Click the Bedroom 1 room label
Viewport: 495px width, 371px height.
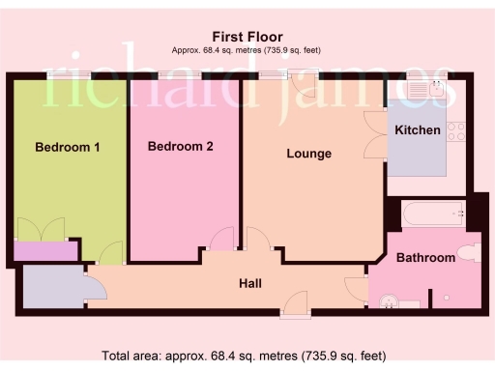point(68,148)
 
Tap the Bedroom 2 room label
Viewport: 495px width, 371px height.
point(180,147)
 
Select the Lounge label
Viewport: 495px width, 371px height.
point(309,154)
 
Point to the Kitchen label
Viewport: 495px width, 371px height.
point(418,129)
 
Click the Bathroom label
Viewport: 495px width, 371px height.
point(425,258)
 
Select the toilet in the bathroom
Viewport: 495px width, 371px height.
point(467,253)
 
